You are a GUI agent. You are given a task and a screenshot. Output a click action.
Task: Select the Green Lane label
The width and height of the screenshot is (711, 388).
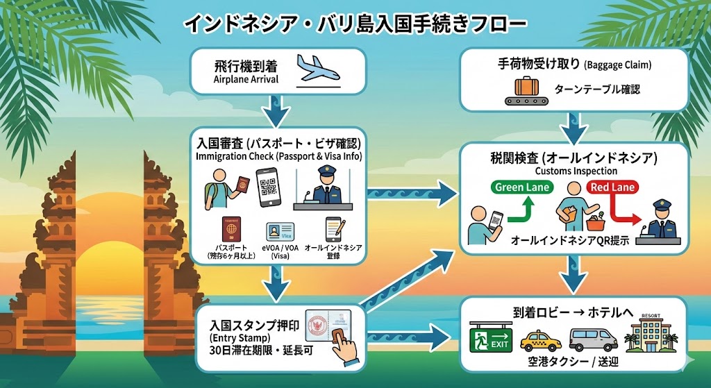tap(522, 187)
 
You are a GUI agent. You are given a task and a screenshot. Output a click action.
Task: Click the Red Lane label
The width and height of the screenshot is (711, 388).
tap(614, 187)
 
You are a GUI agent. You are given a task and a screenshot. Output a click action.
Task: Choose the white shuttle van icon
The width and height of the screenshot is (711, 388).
tap(592, 339)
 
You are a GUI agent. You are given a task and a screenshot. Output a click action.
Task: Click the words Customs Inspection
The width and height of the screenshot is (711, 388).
tap(574, 170)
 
